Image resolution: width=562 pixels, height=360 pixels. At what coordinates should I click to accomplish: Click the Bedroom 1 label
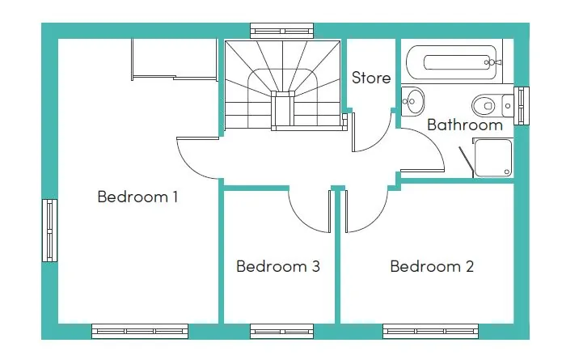click(x=137, y=197)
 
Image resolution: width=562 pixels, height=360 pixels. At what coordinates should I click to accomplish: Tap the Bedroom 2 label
click(x=432, y=266)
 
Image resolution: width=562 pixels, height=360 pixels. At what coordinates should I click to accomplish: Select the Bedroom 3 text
click(x=278, y=266)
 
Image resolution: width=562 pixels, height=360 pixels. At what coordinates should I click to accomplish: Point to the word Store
click(x=371, y=78)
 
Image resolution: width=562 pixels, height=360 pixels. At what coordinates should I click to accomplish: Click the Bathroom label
click(x=465, y=125)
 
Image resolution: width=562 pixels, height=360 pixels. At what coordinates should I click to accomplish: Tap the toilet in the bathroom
click(x=490, y=104)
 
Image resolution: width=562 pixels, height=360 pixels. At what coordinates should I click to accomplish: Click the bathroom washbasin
click(x=412, y=100)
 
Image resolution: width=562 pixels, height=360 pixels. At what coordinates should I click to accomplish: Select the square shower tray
click(x=492, y=157)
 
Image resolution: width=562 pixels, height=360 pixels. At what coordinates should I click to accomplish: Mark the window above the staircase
click(x=281, y=31)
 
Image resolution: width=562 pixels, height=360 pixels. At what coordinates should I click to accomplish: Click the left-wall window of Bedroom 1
click(x=50, y=231)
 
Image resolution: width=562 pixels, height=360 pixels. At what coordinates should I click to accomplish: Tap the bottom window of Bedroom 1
click(x=140, y=330)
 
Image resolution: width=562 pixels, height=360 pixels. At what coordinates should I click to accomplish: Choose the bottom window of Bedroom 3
click(x=281, y=330)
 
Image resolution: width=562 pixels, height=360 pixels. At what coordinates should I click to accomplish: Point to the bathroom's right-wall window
click(x=522, y=104)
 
